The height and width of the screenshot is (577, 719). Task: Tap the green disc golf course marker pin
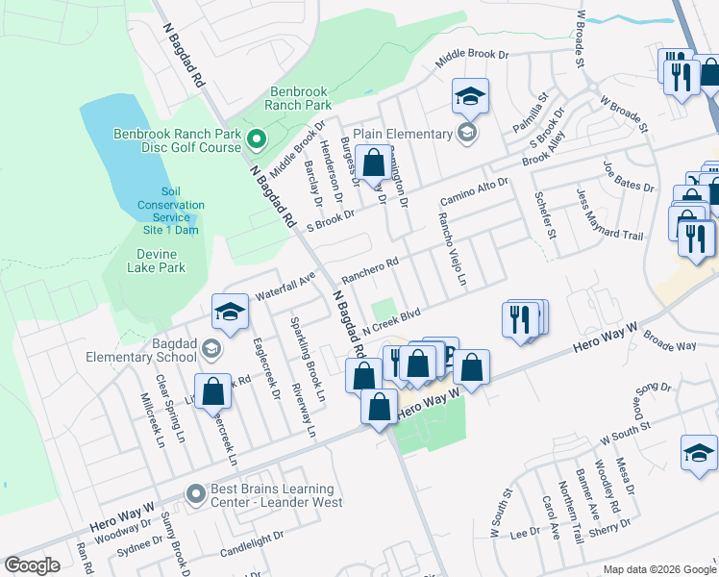256,140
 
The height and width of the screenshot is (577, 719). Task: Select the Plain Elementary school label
402,134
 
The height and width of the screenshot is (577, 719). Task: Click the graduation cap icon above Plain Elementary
470,97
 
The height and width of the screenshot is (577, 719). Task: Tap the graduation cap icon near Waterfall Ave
231,312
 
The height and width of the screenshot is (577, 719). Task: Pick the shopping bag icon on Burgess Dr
373,163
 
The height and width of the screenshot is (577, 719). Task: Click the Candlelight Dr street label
252,541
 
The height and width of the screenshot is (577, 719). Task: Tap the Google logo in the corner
33,565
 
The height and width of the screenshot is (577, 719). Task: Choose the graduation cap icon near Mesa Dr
699,454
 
